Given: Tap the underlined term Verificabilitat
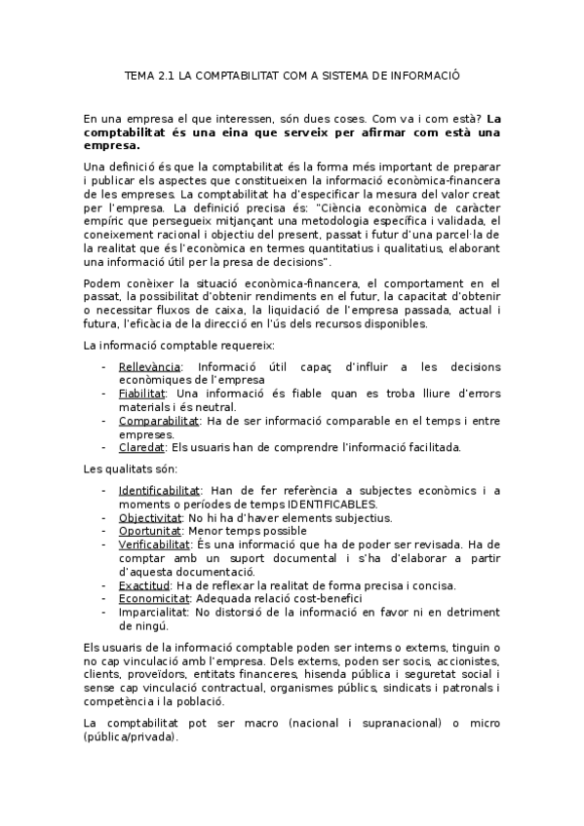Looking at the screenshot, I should pyautogui.click(x=154, y=544).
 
